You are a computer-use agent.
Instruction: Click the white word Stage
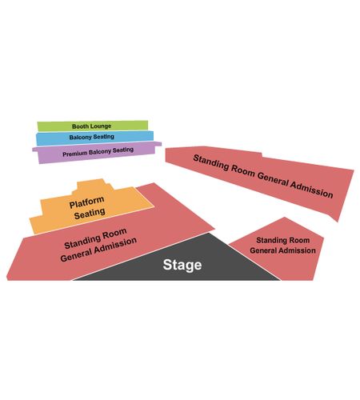tap(182, 265)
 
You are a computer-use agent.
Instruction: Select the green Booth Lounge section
tap(93, 126)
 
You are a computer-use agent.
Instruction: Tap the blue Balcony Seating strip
tap(94, 138)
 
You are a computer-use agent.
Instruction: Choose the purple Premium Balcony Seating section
tap(97, 153)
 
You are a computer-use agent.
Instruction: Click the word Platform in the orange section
tap(86, 202)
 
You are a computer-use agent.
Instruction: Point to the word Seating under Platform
tap(90, 214)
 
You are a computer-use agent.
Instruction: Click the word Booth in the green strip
tap(79, 126)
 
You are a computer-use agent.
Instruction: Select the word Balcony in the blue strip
tap(80, 138)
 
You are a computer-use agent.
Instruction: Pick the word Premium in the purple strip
tap(75, 154)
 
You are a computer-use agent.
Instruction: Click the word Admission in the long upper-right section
tap(311, 189)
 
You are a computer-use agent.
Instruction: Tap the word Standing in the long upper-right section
tap(211, 162)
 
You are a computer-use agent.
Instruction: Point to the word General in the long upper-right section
tap(273, 179)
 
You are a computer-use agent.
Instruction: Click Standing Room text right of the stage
tap(283, 240)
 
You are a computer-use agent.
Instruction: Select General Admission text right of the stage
tap(282, 250)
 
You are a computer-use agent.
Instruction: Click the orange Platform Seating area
tap(90, 206)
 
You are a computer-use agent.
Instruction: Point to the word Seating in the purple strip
tap(123, 150)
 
